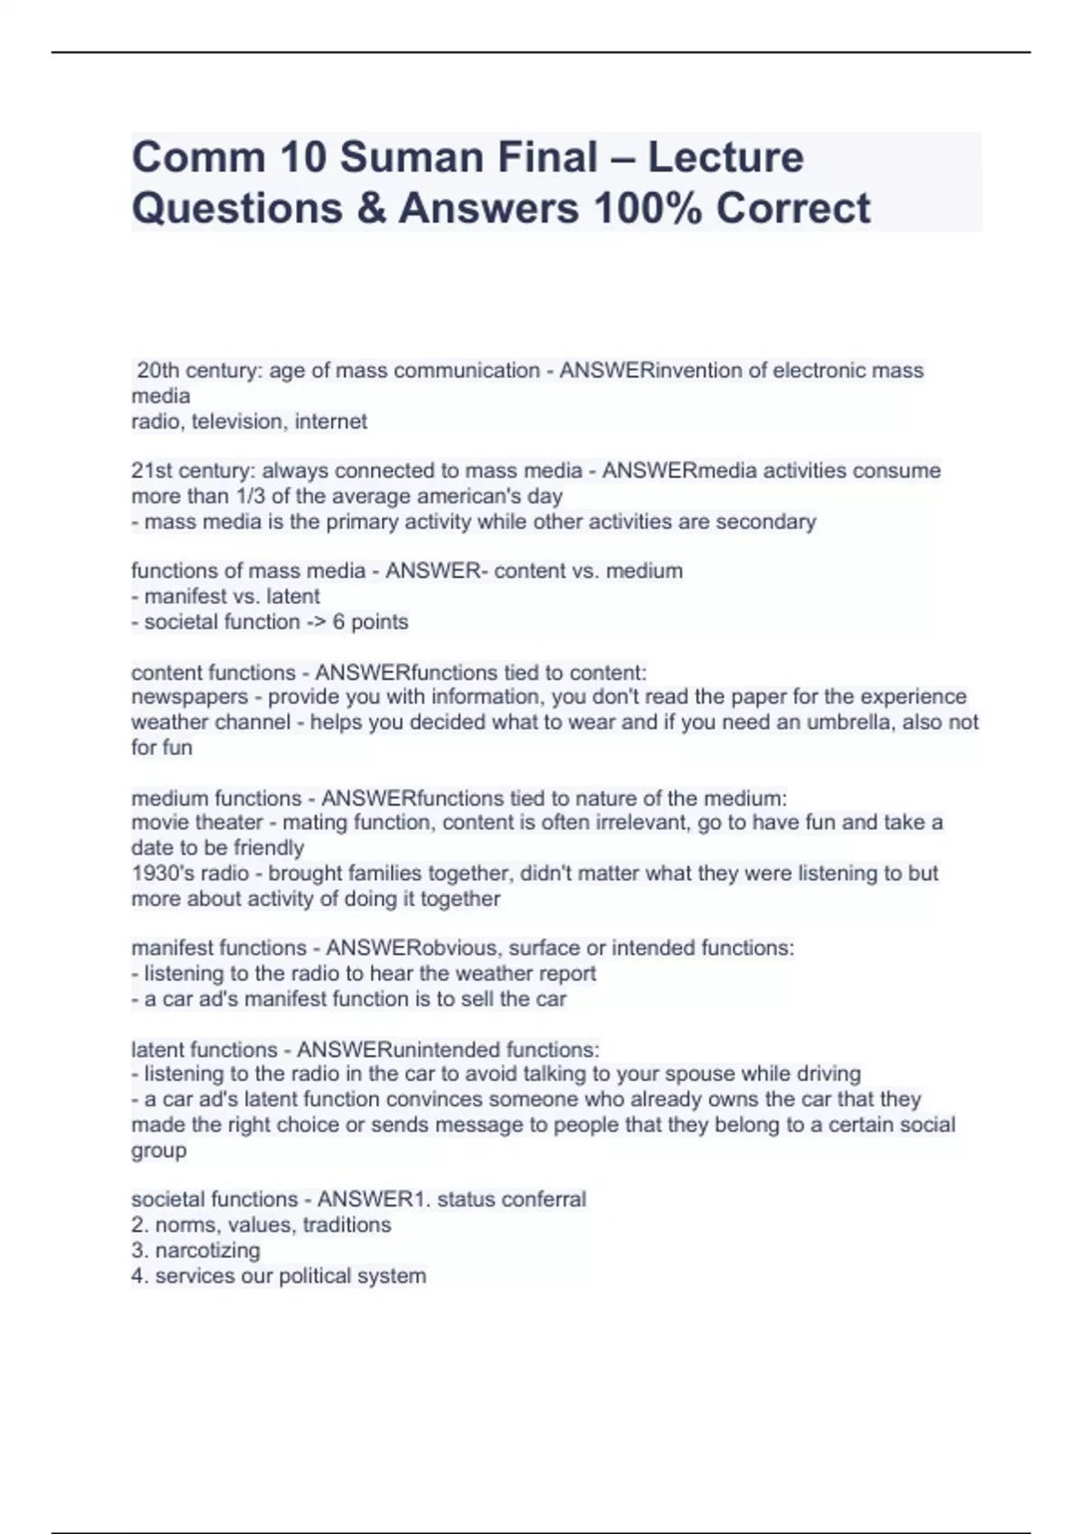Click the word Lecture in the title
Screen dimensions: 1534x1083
(x=726, y=157)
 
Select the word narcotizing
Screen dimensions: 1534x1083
(x=208, y=1250)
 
